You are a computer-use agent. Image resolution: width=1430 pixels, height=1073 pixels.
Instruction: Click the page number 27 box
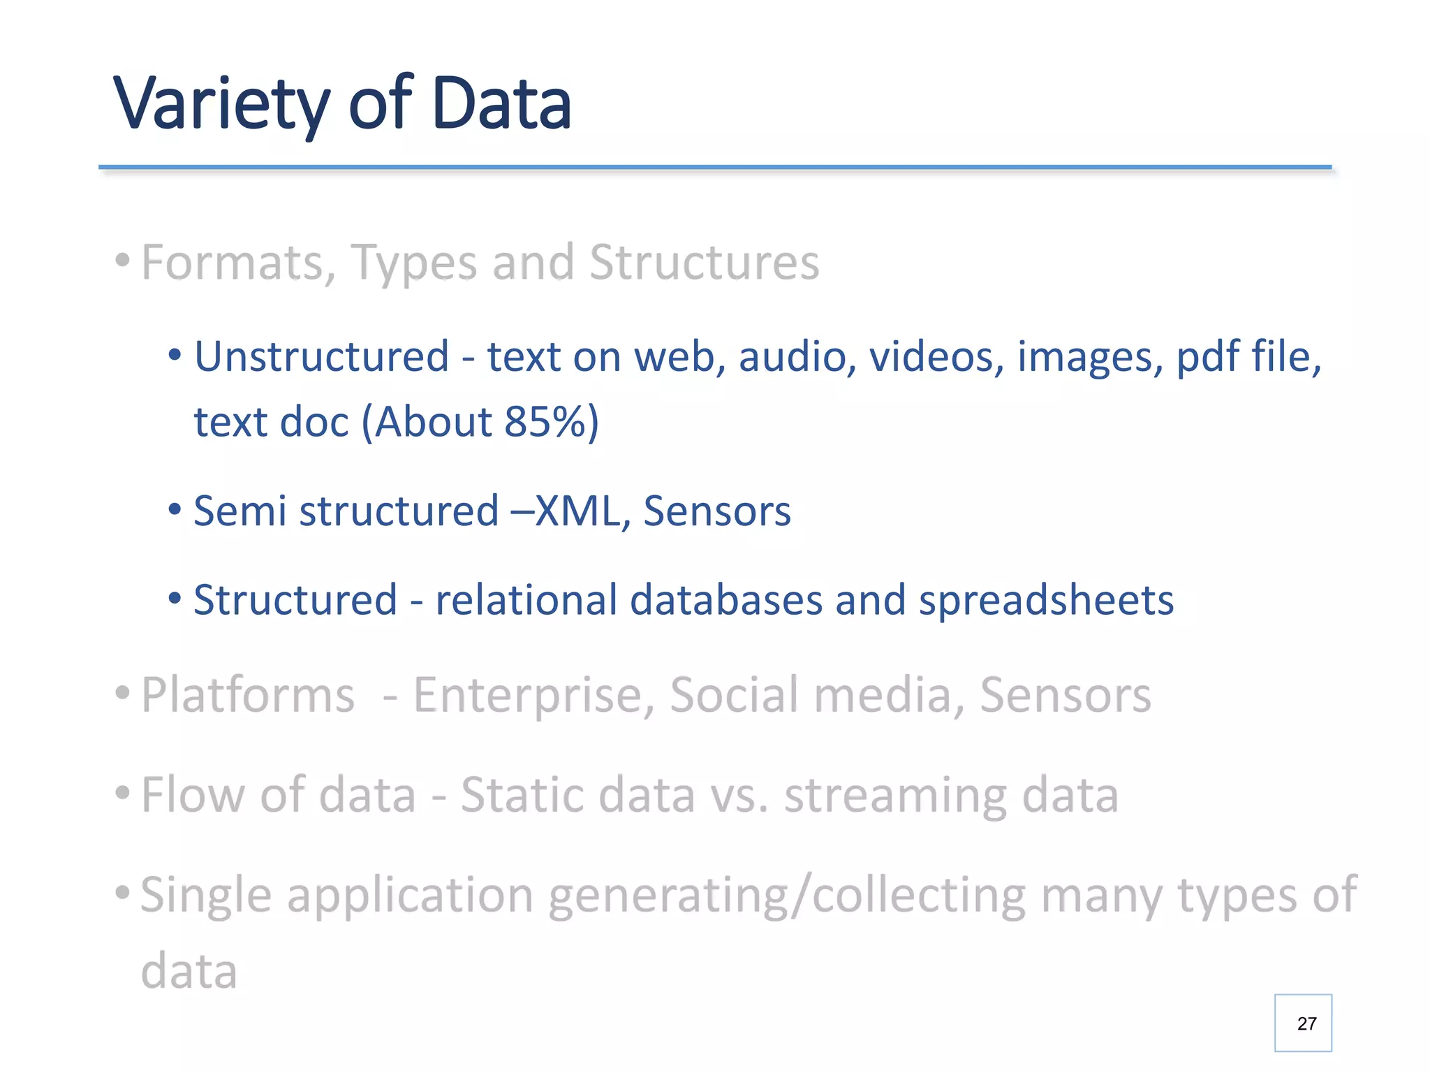coord(1303,1023)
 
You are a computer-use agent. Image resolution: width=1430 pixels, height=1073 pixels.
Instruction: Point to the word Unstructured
coord(321,356)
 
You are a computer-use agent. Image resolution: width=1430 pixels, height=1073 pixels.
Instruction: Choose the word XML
coord(577,511)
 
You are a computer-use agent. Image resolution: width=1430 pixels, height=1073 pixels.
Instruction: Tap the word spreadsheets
coord(1046,600)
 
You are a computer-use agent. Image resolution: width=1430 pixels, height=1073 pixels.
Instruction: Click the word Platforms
coord(248,695)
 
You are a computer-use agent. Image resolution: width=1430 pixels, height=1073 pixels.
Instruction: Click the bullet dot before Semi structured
coord(175,510)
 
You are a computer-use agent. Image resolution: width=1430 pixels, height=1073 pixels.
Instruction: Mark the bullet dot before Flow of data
coord(122,794)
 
